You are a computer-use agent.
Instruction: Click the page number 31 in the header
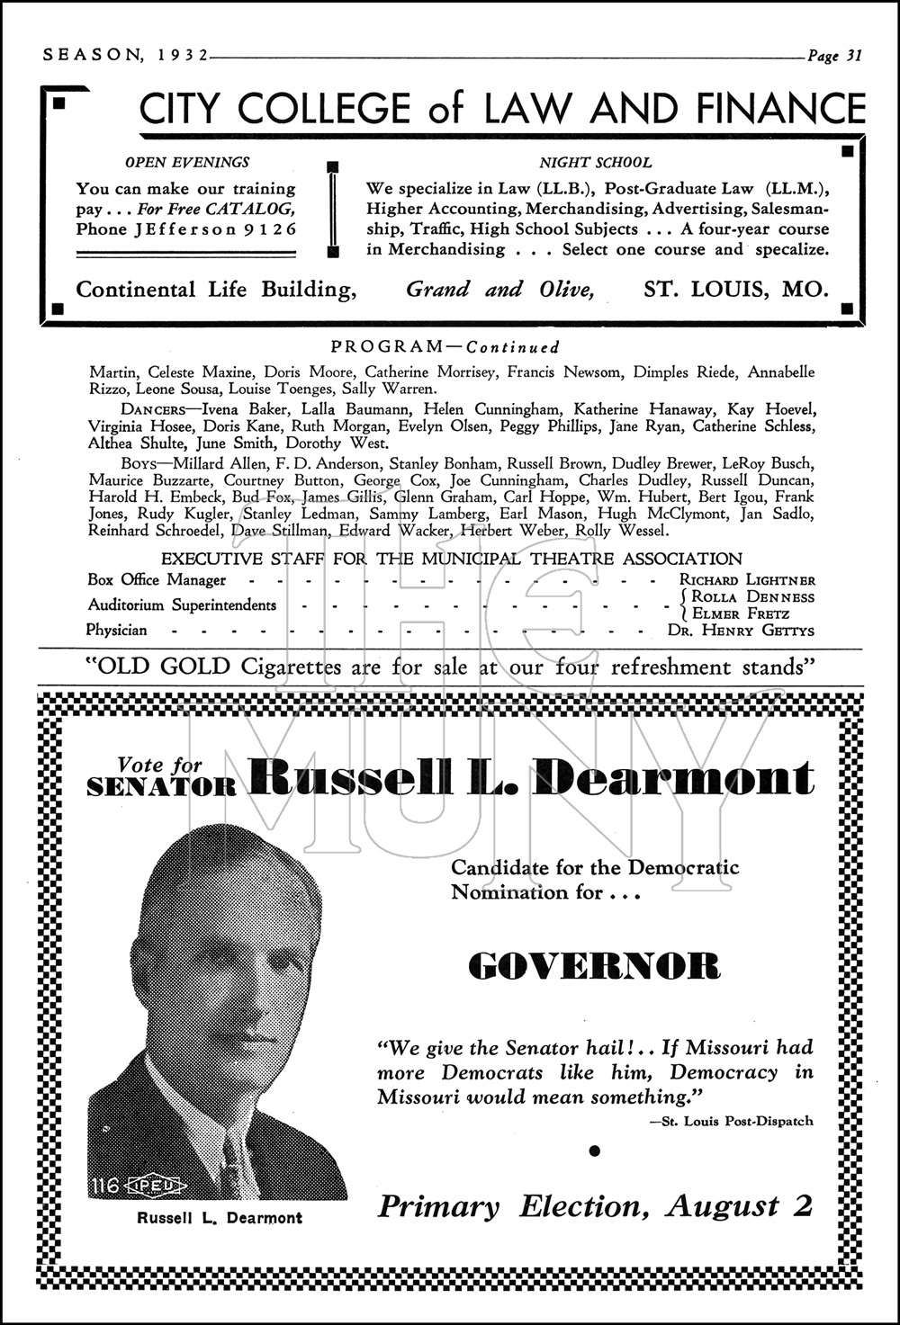853,56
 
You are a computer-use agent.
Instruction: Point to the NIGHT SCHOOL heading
595,163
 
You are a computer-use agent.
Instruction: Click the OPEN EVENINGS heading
187,163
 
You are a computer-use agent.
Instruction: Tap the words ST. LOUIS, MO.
735,290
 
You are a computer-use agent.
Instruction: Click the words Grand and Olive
499,290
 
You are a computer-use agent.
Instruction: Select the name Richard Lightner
747,581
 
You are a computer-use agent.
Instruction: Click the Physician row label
116,631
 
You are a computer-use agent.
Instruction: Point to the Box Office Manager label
157,581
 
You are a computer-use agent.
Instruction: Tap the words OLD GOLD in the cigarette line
157,667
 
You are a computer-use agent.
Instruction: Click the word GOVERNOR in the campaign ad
595,967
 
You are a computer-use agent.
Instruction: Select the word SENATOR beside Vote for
162,787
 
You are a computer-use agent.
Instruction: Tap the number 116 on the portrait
104,1186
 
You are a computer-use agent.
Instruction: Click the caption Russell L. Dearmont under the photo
220,1218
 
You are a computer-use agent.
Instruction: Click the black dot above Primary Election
593,1150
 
